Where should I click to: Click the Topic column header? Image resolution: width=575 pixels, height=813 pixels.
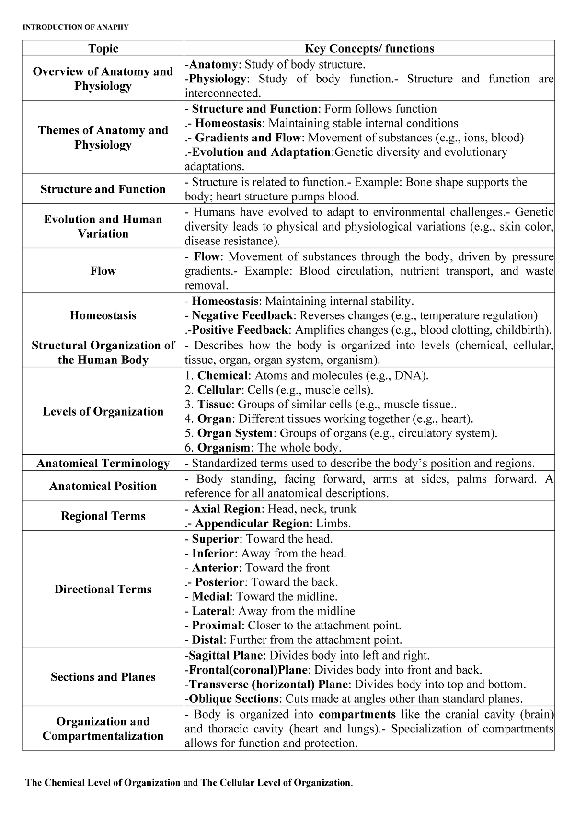[103, 48]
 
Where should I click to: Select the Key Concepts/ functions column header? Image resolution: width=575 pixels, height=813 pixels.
[369, 48]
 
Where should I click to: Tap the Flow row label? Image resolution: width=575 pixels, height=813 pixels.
[103, 271]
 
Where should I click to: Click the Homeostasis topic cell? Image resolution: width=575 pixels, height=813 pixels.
[103, 315]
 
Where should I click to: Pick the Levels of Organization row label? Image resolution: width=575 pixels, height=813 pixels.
[103, 411]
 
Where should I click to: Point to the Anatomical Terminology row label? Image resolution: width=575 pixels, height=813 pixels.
[103, 463]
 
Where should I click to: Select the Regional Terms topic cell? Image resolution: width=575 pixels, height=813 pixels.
[103, 516]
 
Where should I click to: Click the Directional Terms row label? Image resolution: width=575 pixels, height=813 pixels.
[103, 589]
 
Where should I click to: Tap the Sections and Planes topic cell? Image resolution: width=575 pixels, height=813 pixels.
[103, 677]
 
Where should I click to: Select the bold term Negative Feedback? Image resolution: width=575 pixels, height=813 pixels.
[242, 315]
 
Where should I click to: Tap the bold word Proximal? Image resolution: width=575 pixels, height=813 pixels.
[216, 626]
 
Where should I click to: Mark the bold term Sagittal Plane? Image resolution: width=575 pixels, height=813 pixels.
[225, 655]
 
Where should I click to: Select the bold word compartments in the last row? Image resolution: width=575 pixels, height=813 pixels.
[357, 714]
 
